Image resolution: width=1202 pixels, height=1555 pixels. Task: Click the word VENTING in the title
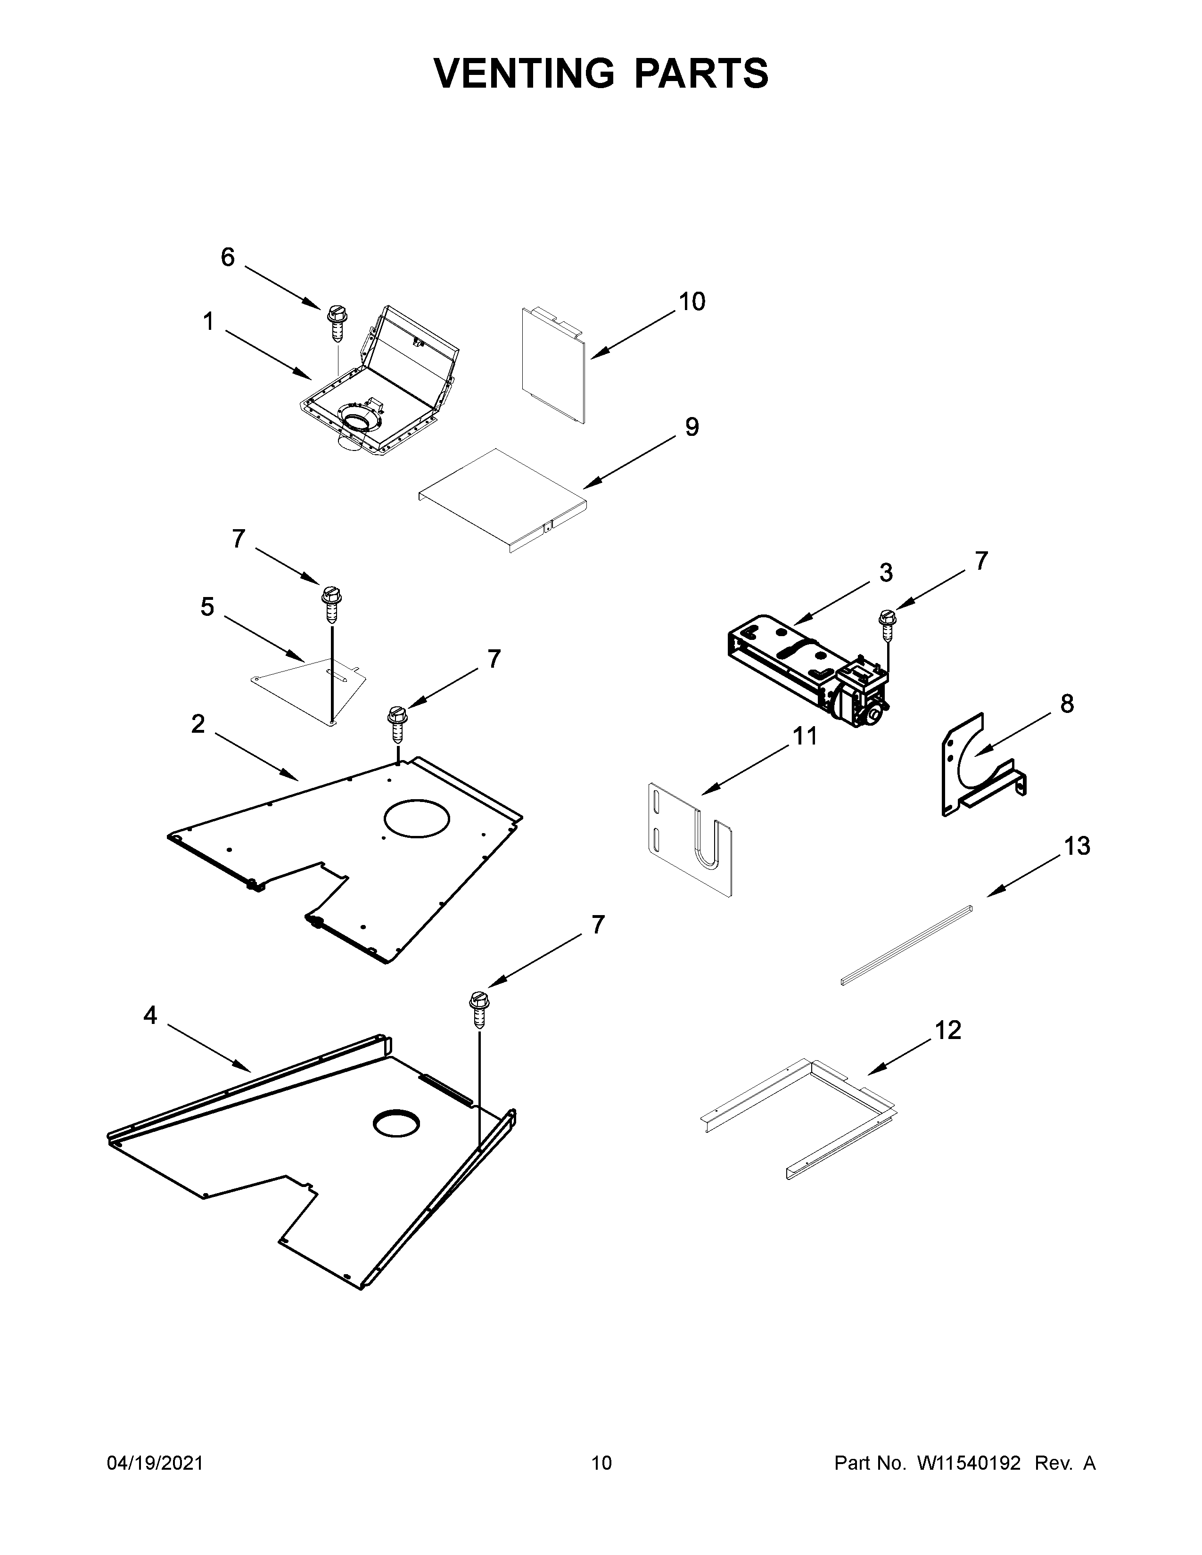[523, 74]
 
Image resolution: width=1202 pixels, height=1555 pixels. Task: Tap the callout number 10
[692, 302]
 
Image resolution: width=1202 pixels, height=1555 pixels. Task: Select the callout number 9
[692, 427]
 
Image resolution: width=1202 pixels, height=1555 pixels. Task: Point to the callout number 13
[1077, 847]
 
